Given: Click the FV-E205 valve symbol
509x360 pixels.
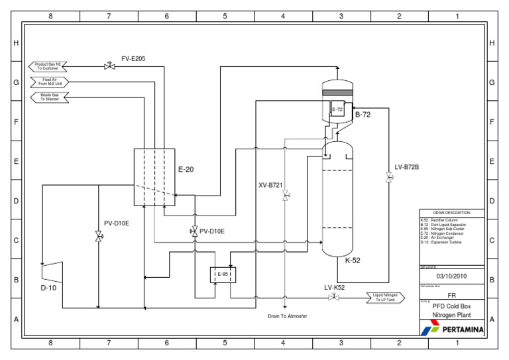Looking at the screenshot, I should [x=109, y=66].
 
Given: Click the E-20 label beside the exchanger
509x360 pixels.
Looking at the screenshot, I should [x=186, y=169].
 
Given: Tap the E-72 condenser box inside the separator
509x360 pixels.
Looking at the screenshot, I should [x=337, y=109].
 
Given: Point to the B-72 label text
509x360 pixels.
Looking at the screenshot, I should [x=363, y=115].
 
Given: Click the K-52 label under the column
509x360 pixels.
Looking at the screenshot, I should [x=353, y=260].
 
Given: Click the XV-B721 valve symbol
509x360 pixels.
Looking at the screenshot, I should [x=285, y=196].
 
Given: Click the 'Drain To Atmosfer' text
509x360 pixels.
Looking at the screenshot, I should [x=287, y=316].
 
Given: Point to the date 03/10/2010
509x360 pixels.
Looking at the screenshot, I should [x=452, y=276].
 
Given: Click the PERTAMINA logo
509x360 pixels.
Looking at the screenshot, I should [x=452, y=328].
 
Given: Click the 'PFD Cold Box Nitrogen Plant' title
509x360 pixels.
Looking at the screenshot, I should [x=452, y=311].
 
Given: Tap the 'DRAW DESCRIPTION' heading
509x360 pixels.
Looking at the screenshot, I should [x=452, y=213].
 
